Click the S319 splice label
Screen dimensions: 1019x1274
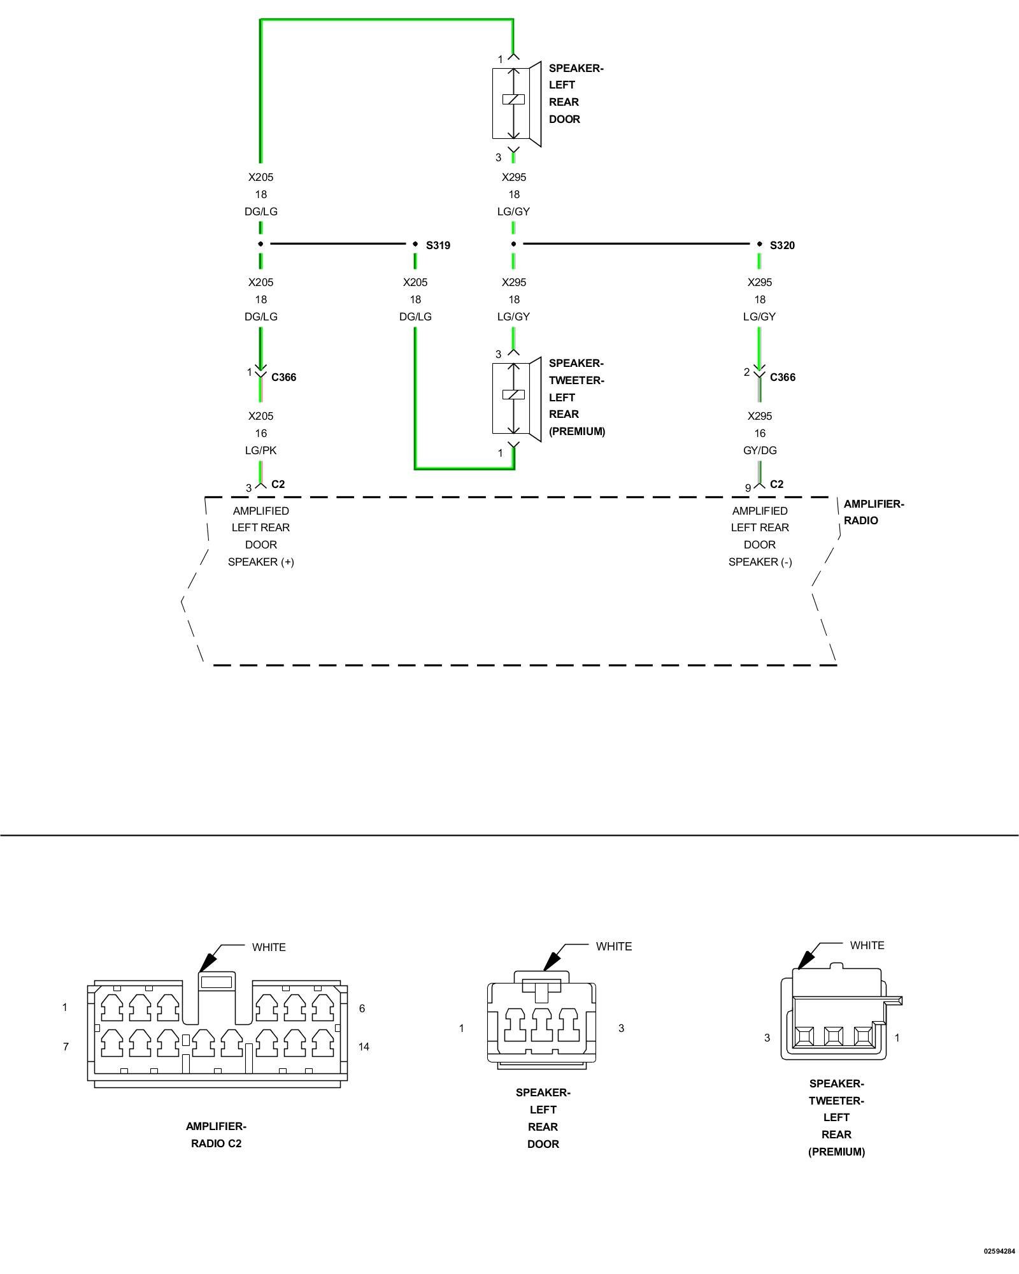coord(438,245)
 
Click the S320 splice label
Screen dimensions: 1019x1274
coord(782,245)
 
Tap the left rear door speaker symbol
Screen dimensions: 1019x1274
coord(517,104)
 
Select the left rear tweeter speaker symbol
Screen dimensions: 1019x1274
coord(517,399)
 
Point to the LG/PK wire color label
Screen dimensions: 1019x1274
coord(261,450)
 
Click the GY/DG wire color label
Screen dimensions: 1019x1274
coord(760,450)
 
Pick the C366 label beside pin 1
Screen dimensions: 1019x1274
coord(283,377)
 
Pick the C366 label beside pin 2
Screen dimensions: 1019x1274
coord(783,377)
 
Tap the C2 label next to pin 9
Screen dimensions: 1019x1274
coord(777,484)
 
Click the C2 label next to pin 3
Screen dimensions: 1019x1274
coord(278,484)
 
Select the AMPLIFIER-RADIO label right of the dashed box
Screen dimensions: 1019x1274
coord(874,512)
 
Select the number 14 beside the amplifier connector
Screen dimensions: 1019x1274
coord(364,1047)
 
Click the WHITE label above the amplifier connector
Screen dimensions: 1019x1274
coord(269,947)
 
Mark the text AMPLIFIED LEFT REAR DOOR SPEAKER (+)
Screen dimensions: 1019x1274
coord(261,536)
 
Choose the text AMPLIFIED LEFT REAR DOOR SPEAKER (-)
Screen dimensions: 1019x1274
coord(760,536)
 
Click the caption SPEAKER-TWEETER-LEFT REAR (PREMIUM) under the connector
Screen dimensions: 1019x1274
coord(836,1117)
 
